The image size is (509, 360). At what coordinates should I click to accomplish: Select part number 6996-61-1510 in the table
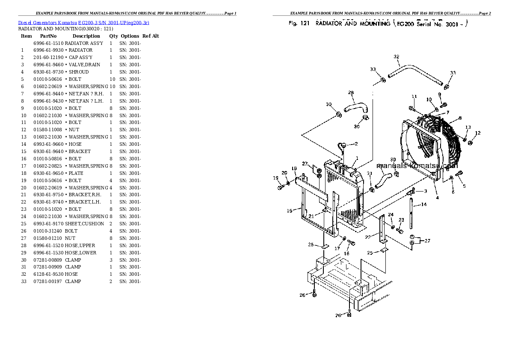(48, 43)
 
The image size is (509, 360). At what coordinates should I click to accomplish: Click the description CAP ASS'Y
(81, 58)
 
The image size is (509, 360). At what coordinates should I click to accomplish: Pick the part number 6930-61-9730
(48, 72)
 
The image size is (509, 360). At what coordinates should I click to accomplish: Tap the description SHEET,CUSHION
(84, 224)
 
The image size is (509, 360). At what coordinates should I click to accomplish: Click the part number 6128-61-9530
(48, 274)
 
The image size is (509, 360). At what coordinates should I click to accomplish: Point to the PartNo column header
(48, 36)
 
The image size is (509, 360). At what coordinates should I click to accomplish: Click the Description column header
(86, 36)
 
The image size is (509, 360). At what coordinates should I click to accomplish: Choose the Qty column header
(113, 36)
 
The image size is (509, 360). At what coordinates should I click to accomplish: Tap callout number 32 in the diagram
(396, 57)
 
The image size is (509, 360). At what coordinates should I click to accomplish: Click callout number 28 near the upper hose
(351, 92)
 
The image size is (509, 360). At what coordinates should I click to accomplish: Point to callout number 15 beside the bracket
(289, 210)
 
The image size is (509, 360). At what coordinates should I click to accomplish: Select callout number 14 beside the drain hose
(424, 205)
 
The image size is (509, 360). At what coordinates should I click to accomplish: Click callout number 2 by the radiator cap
(356, 144)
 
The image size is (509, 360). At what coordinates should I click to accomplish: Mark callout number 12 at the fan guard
(478, 133)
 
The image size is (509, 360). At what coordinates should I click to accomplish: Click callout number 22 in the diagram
(367, 237)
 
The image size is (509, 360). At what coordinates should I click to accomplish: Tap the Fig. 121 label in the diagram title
(299, 24)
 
